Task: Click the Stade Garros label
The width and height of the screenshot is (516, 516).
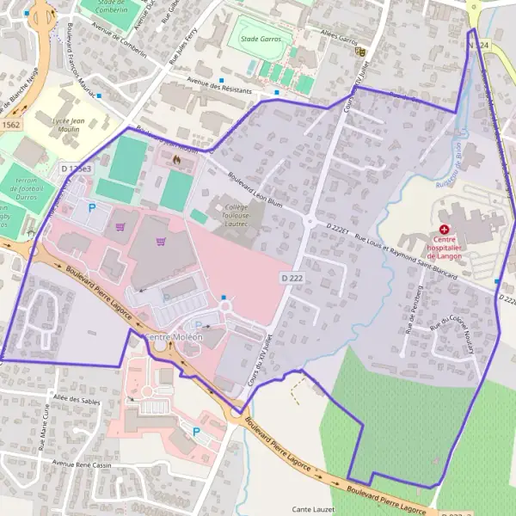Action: coord(261,39)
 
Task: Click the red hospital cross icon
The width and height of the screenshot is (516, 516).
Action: coord(444,230)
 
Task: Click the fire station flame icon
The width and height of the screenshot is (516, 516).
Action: coord(176,159)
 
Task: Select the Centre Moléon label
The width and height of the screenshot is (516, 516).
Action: coord(175,337)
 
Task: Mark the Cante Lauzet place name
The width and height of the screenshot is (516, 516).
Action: coord(313,509)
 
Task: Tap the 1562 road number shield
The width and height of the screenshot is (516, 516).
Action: coord(10,126)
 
